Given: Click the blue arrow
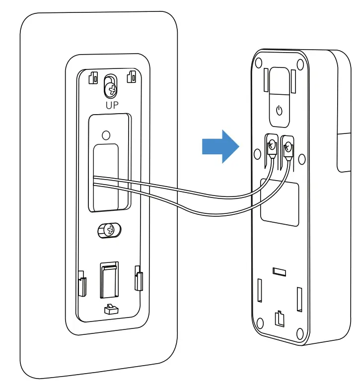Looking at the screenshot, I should tap(220, 146).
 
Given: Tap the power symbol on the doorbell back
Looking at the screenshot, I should tap(279, 110).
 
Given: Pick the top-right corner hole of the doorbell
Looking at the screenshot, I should tap(300, 64).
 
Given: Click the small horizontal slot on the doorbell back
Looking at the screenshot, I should tap(279, 271).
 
